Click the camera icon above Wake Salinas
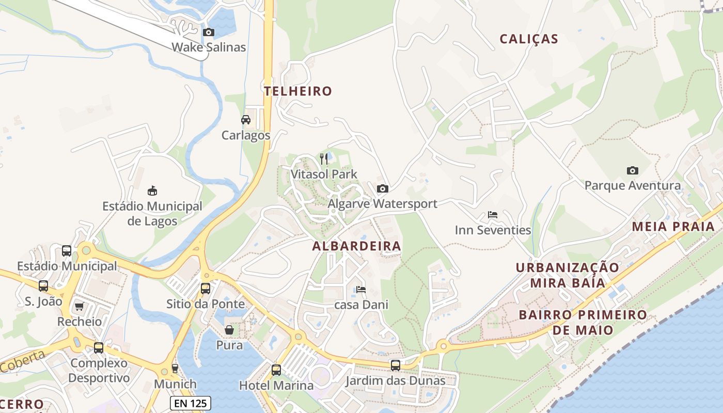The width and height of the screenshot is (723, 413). [x=209, y=33]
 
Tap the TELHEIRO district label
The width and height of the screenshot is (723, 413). [x=298, y=91]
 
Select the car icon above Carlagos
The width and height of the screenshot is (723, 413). [x=246, y=120]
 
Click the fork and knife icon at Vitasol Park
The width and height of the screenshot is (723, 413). [x=324, y=159]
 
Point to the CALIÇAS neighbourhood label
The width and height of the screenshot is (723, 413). [x=529, y=39]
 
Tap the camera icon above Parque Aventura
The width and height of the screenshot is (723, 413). [x=632, y=170]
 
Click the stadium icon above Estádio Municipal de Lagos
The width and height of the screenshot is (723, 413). [x=152, y=191]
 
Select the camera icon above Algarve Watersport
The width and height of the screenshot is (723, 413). [x=382, y=188]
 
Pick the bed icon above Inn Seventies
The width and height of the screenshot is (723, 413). [x=493, y=215]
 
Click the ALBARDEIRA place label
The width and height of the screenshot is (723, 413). [x=356, y=246]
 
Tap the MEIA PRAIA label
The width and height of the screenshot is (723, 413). [x=673, y=227]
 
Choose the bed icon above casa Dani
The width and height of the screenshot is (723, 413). [x=361, y=290]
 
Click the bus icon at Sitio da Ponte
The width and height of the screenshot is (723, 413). [x=206, y=289]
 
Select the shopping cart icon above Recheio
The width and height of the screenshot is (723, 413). [x=80, y=307]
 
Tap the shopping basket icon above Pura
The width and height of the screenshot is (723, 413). [x=229, y=329]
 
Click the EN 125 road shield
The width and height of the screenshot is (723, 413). [x=190, y=403]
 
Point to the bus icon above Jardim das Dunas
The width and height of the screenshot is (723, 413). [x=395, y=366]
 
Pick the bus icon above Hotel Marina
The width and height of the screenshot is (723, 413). [x=276, y=370]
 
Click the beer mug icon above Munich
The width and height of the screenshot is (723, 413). [x=175, y=369]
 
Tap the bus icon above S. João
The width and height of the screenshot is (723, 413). [x=43, y=285]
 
